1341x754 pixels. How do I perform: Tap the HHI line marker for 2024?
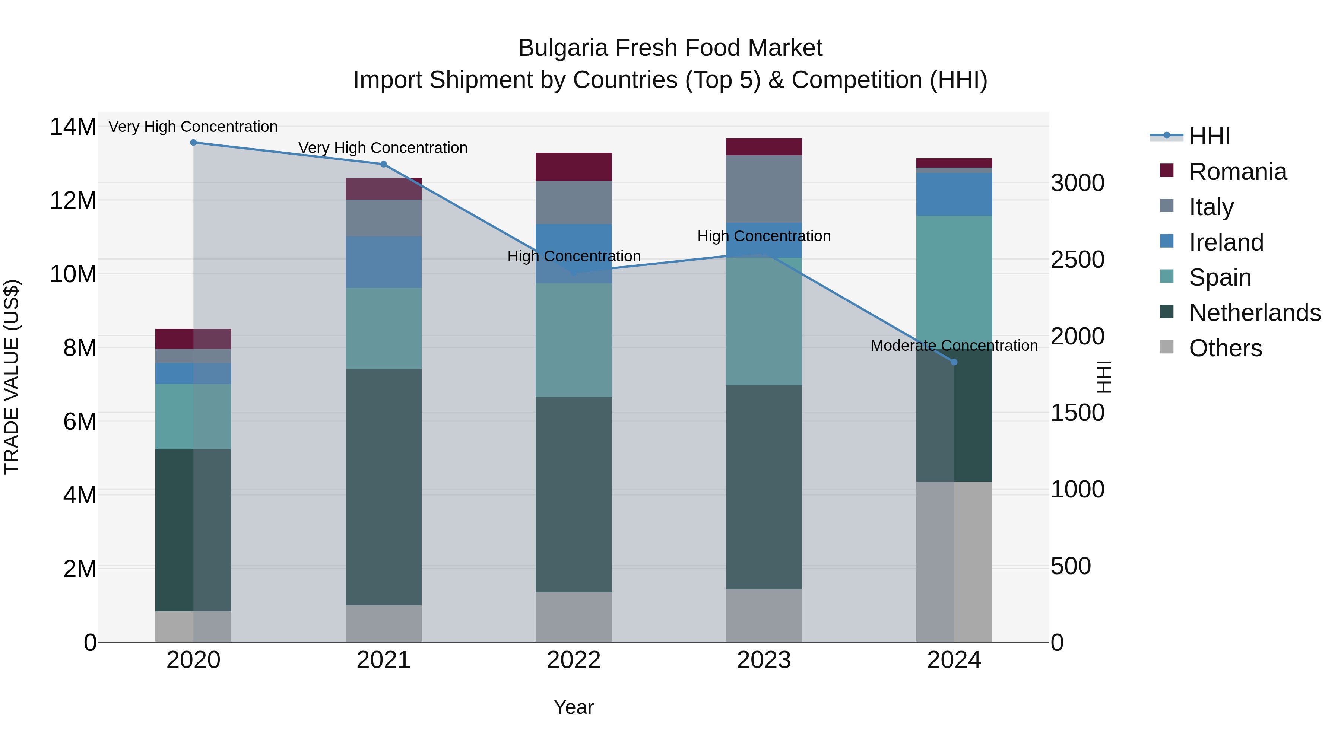[x=954, y=362]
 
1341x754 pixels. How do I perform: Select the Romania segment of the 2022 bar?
[x=574, y=167]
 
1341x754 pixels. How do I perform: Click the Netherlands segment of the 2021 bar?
[x=384, y=487]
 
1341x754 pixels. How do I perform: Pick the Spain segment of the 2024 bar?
[x=954, y=281]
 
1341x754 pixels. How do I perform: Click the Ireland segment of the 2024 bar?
[x=954, y=194]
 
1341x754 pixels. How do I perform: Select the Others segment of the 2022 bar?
[x=574, y=617]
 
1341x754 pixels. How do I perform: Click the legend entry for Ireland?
[x=1226, y=242]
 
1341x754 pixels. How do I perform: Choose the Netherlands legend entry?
[x=1255, y=313]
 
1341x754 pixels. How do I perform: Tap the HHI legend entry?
[x=1209, y=136]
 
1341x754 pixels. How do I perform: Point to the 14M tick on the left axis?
[x=73, y=127]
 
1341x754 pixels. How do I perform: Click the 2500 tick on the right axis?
[x=1077, y=260]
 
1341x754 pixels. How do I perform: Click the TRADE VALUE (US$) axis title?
[x=12, y=377]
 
